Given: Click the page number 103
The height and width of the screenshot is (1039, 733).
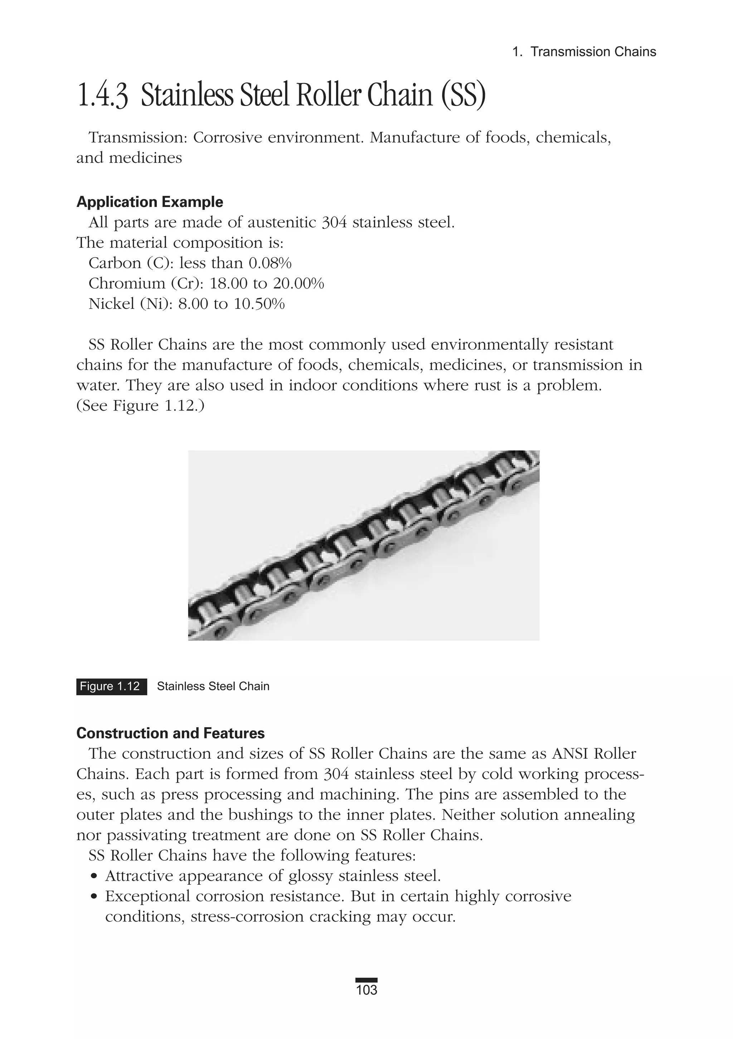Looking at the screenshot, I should click(366, 1003).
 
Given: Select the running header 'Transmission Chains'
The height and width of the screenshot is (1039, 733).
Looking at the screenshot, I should click(593, 52).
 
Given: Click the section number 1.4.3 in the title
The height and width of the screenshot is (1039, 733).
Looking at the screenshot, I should click(103, 96).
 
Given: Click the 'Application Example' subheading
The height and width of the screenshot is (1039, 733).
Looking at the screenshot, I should click(149, 202).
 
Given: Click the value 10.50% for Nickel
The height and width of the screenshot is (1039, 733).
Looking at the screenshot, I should click(259, 304).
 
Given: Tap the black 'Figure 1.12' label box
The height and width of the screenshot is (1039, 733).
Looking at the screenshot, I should click(111, 686).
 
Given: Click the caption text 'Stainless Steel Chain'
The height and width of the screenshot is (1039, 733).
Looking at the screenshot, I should click(213, 686).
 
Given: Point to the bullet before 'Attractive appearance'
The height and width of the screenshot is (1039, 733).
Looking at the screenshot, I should click(94, 876).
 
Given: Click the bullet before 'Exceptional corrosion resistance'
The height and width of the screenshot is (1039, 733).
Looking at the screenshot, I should click(94, 897).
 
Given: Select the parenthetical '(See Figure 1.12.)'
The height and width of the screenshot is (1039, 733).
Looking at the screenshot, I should click(140, 405).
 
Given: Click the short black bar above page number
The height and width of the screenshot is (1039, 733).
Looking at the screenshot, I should click(366, 992).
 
